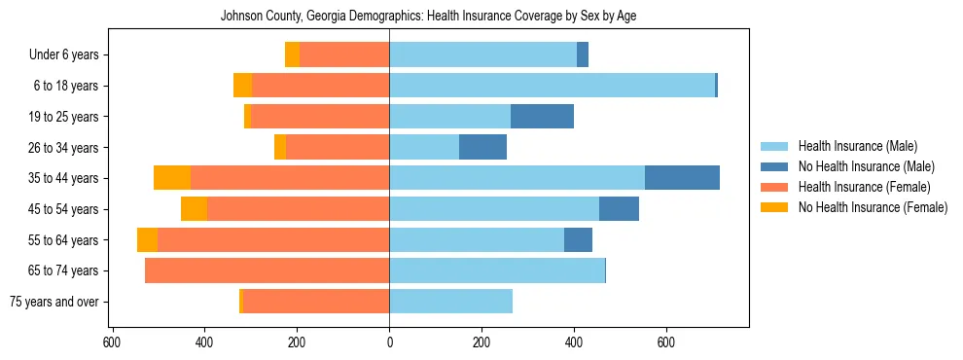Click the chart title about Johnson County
(x=428, y=17)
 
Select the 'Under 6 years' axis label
(x=64, y=55)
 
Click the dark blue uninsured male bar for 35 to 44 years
(x=682, y=178)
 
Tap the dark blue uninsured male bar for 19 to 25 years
(x=542, y=117)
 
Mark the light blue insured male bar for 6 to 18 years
(x=552, y=86)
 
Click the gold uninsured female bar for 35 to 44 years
(x=172, y=178)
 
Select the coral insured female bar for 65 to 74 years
(x=267, y=270)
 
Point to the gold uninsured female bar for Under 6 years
(x=292, y=55)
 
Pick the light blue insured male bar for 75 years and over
(x=450, y=302)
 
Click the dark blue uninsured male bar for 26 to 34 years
(x=482, y=147)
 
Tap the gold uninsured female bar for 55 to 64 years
(x=147, y=239)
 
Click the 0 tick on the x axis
(x=389, y=342)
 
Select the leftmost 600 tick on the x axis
(x=112, y=342)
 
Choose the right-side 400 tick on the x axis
(x=574, y=342)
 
